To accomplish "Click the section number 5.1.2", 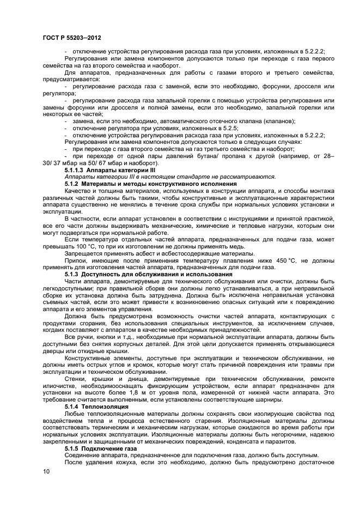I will [72, 184].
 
